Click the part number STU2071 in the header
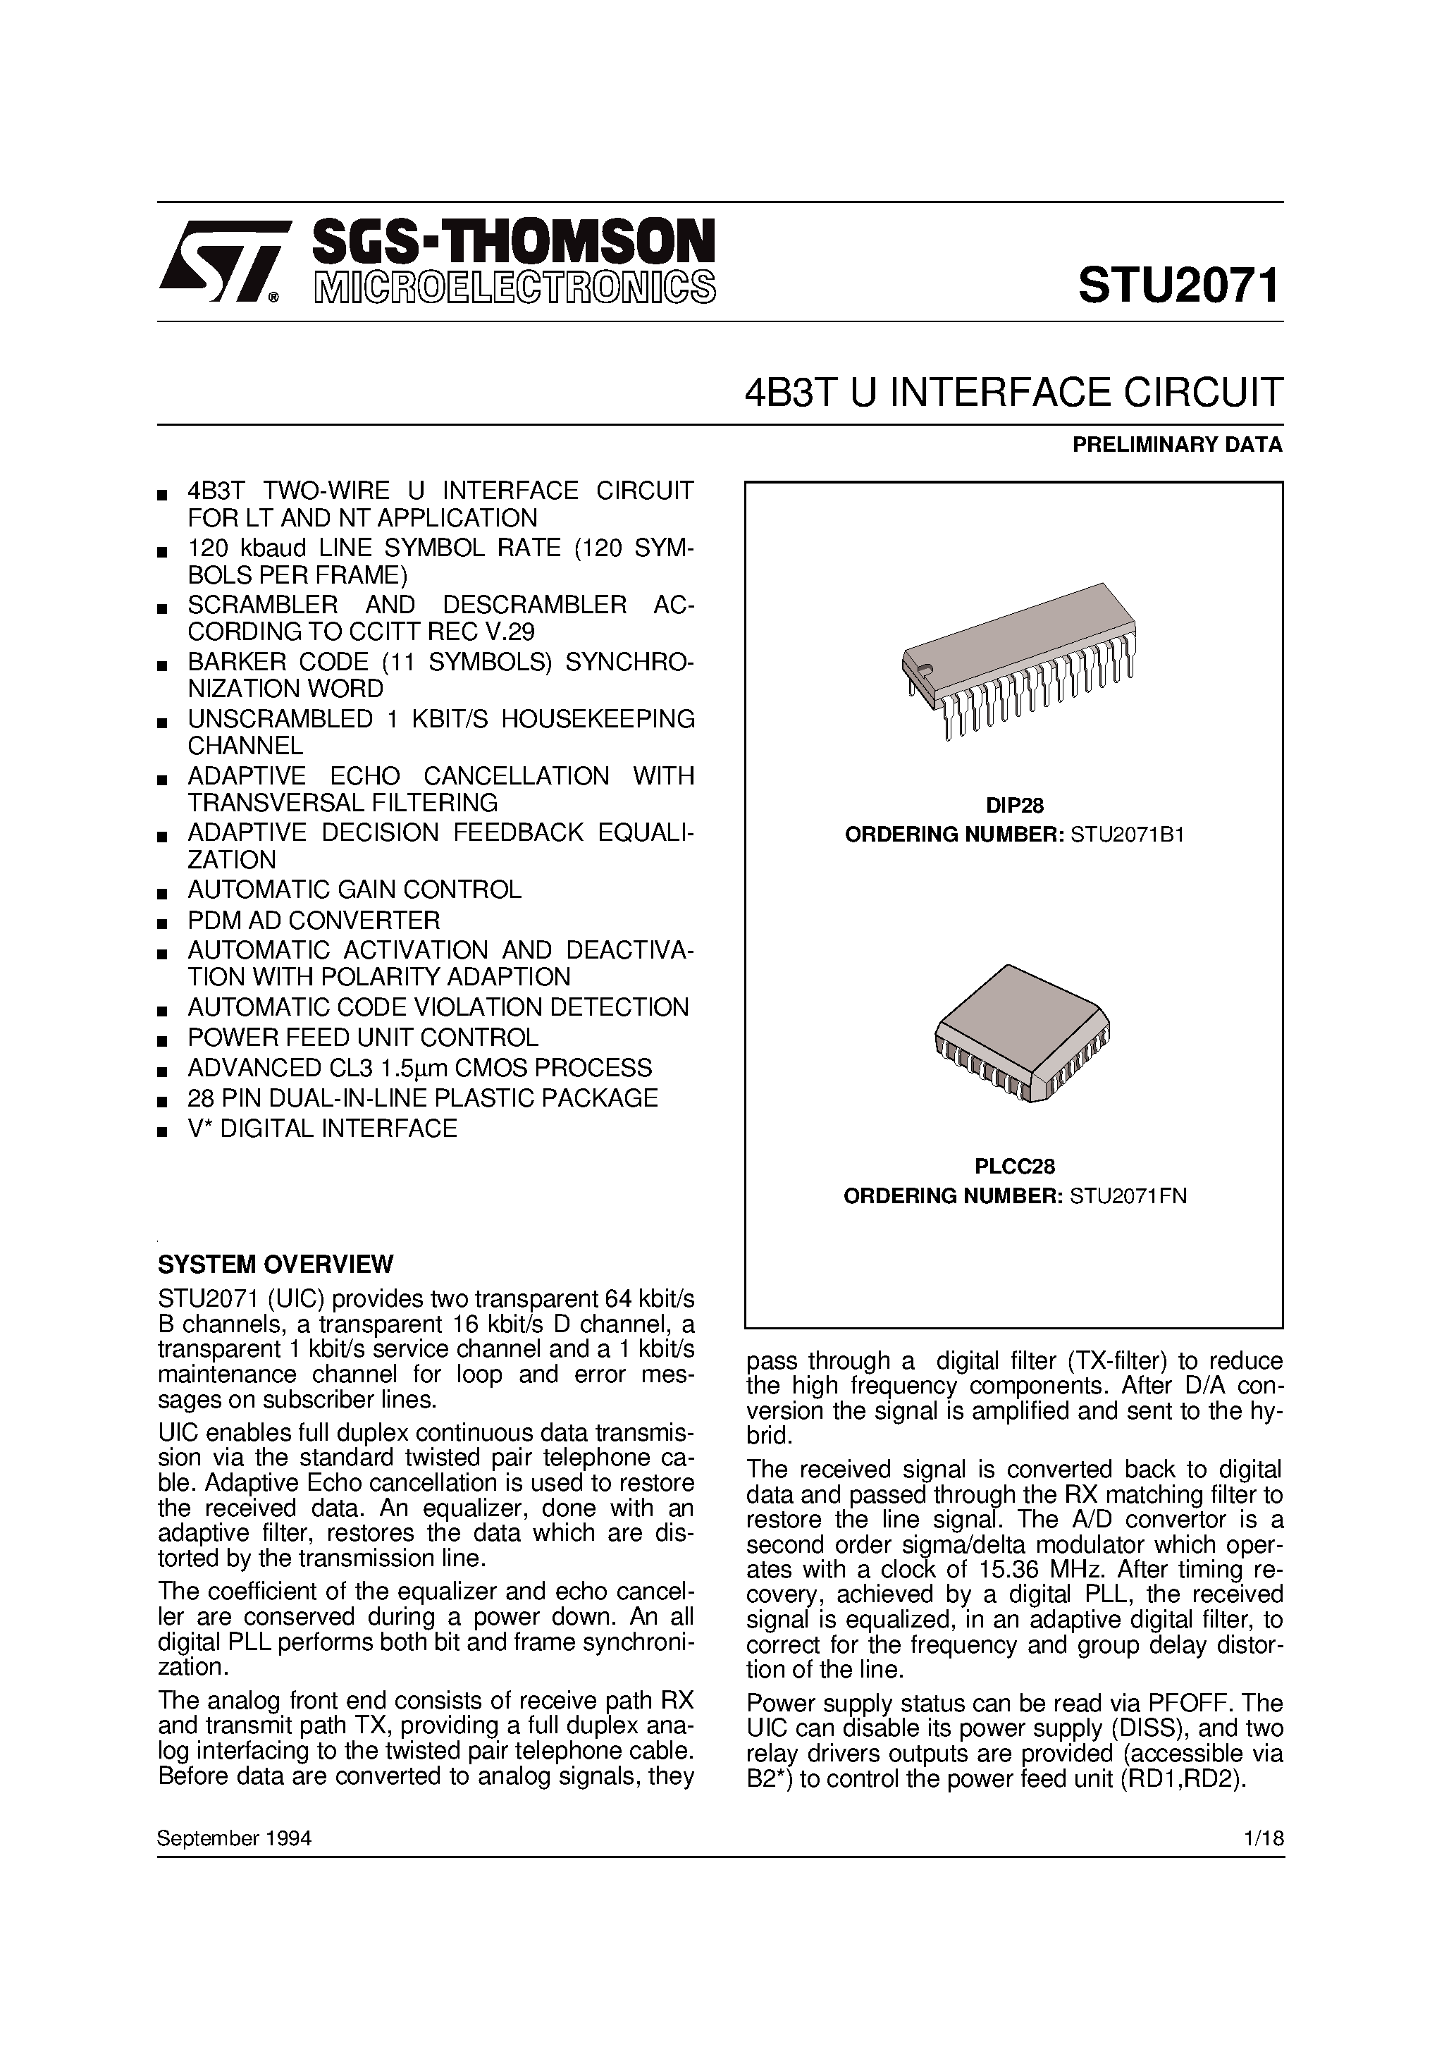pyautogui.click(x=1178, y=288)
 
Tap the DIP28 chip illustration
pyautogui.click(x=1017, y=660)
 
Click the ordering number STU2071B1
pyautogui.click(x=1128, y=835)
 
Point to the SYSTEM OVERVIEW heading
pyautogui.click(x=276, y=1265)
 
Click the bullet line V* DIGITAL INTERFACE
pyautogui.click(x=322, y=1128)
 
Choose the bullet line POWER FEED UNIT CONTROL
pyautogui.click(x=363, y=1038)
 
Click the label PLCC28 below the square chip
pyautogui.click(x=1014, y=1166)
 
